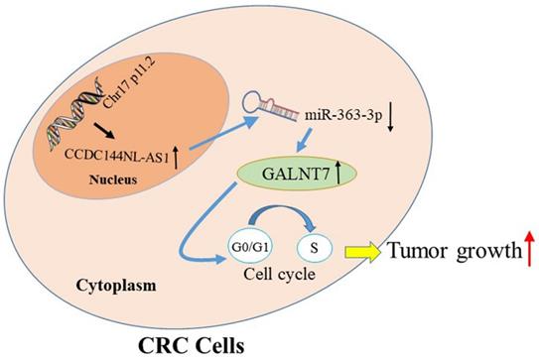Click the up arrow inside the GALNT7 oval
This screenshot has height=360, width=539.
point(337,177)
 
